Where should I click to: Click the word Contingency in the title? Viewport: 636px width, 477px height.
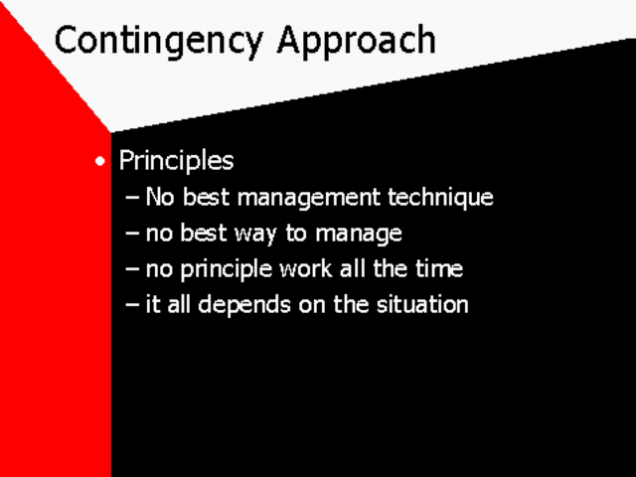160,41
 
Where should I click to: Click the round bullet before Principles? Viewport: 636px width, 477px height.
98,162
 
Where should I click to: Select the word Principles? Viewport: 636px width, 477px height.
176,161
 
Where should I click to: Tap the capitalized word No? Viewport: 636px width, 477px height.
158,197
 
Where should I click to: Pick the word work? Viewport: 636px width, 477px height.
308,268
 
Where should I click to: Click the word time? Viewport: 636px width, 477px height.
439,268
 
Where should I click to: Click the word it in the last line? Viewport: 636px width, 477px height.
153,304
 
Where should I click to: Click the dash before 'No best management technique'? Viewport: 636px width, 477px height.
133,198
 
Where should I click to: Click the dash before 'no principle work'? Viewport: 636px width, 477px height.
133,269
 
